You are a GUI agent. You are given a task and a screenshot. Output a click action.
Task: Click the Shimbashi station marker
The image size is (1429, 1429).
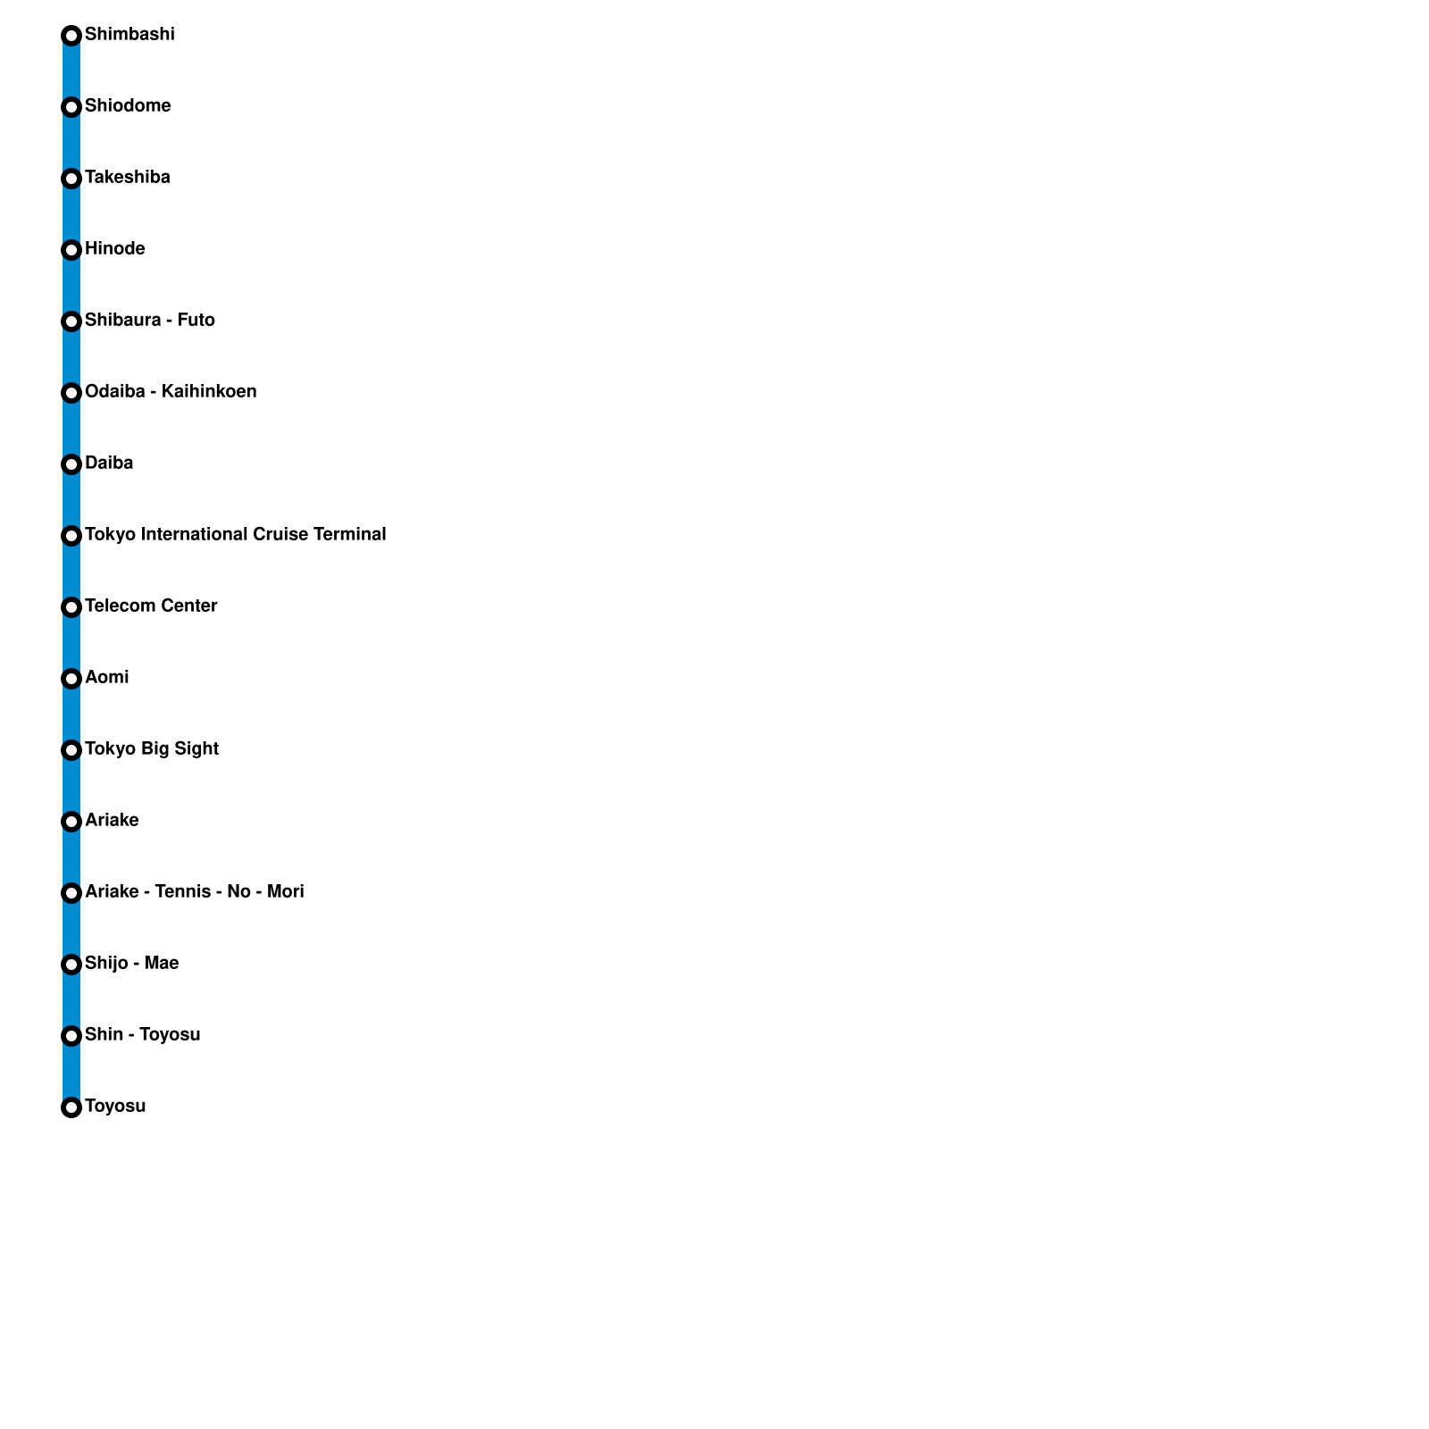pos(71,36)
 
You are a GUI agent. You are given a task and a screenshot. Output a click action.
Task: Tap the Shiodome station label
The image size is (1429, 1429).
pos(128,106)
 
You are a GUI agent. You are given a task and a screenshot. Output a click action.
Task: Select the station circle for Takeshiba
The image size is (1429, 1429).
pos(71,179)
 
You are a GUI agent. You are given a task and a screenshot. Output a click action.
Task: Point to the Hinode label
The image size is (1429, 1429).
pos(115,249)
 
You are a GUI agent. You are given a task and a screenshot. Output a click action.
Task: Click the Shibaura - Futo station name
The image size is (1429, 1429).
pos(150,321)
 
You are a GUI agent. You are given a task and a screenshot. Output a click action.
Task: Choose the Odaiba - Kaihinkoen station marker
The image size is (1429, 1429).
pos(71,393)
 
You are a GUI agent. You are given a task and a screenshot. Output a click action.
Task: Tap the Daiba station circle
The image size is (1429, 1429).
pos(71,464)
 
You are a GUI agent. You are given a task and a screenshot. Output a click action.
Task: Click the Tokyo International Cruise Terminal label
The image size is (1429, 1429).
pos(236,535)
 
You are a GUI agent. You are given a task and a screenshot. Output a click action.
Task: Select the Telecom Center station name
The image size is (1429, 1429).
pos(151,606)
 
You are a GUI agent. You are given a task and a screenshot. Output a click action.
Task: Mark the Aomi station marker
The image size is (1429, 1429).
pos(71,679)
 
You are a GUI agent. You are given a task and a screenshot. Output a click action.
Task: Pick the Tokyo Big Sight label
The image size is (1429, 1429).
pos(152,749)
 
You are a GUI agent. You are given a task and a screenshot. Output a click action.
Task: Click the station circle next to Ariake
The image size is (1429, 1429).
pos(71,822)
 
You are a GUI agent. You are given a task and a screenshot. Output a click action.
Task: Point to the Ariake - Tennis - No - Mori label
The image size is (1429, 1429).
pos(195,892)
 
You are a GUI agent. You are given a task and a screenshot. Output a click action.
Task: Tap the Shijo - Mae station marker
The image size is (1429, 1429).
pos(71,965)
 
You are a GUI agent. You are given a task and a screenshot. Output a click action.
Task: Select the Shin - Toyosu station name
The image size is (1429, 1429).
pos(143,1035)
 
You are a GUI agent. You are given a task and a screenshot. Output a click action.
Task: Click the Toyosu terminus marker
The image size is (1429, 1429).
pos(71,1107)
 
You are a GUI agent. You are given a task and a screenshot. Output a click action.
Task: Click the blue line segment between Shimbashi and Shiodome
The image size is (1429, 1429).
pos(71,71)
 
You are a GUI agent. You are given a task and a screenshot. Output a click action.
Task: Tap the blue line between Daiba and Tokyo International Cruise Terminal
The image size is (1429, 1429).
pos(71,500)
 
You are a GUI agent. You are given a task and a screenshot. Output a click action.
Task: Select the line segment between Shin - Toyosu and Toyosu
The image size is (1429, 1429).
pos(71,1072)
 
